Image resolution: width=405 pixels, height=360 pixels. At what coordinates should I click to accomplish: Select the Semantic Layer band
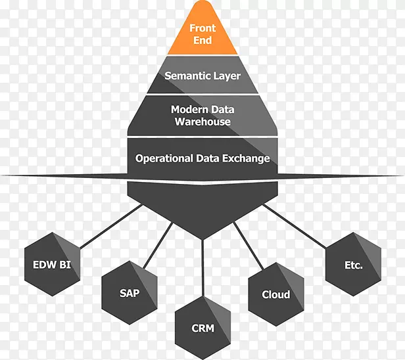[x=202, y=76]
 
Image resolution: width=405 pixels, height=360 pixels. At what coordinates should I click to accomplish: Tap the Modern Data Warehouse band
[x=202, y=116]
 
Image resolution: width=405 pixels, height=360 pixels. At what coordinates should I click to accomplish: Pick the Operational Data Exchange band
[x=202, y=158]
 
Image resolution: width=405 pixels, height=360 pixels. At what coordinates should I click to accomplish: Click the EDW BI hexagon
[x=52, y=265]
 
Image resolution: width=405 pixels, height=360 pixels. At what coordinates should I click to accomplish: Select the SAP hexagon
[x=130, y=294]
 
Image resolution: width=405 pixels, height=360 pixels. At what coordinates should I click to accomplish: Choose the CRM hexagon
[x=202, y=327]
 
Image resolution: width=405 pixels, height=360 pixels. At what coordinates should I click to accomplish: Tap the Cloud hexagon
[x=275, y=294]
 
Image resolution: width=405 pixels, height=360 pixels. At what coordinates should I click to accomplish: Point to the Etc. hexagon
[x=353, y=265]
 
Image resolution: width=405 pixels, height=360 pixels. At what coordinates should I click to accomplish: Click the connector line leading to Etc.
[x=296, y=224]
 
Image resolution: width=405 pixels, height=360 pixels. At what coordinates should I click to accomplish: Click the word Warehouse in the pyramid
[x=202, y=122]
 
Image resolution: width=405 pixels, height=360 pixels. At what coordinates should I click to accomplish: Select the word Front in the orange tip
[x=202, y=28]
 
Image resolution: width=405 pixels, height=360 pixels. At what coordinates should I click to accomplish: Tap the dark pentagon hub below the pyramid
[x=202, y=204]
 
